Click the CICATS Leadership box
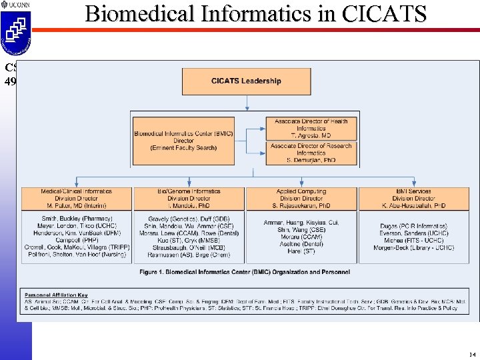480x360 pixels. coord(247,81)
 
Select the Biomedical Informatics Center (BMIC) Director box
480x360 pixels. coord(183,141)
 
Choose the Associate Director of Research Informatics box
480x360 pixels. coord(311,153)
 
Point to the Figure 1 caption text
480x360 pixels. coord(245,272)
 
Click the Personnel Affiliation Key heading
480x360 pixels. coord(56,295)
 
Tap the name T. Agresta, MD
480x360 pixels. coord(311,136)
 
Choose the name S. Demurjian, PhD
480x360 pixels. coord(311,161)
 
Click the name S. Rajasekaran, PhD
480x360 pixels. coord(301,206)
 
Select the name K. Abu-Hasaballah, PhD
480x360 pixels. coord(414,206)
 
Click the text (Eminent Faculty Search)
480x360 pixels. coord(183,148)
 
